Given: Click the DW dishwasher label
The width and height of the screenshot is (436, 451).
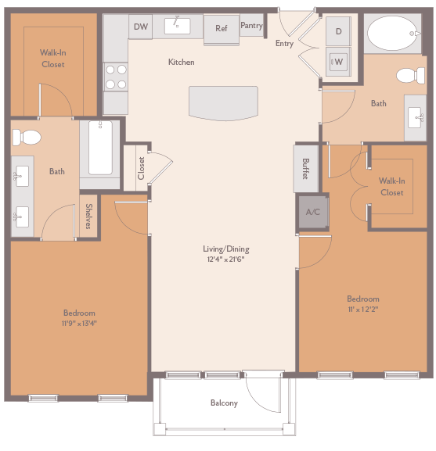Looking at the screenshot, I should [x=141, y=27].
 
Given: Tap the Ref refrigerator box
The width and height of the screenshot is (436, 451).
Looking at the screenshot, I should [x=222, y=29].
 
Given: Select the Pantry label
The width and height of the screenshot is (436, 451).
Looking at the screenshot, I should [x=251, y=26].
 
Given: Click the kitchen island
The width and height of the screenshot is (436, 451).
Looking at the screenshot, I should [x=223, y=102].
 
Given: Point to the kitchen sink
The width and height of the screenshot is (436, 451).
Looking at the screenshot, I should [x=177, y=25].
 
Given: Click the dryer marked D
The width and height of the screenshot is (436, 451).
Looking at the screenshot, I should [x=338, y=32].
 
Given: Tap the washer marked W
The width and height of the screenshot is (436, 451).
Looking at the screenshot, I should [x=338, y=61].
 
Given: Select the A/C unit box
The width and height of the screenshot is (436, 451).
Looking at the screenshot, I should [x=312, y=212].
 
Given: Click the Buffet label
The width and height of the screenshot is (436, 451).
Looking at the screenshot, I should [x=306, y=169].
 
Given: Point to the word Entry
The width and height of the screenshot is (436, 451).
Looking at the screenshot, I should [x=284, y=44].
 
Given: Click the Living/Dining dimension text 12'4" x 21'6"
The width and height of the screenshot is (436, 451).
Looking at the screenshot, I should [x=225, y=259].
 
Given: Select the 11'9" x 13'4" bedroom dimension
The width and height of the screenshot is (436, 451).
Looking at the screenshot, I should [x=79, y=323].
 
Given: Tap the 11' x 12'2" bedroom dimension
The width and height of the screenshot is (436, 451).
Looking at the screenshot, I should [x=363, y=309].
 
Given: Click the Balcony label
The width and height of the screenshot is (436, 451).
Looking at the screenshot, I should [x=224, y=403].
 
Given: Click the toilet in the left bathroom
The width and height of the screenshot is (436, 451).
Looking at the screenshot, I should [x=27, y=138].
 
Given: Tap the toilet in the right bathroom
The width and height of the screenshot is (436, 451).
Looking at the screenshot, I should [x=408, y=76].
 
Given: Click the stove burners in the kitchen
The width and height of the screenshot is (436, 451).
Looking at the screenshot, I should [x=116, y=76].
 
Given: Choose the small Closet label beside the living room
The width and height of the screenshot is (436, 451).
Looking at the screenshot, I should [x=142, y=168].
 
